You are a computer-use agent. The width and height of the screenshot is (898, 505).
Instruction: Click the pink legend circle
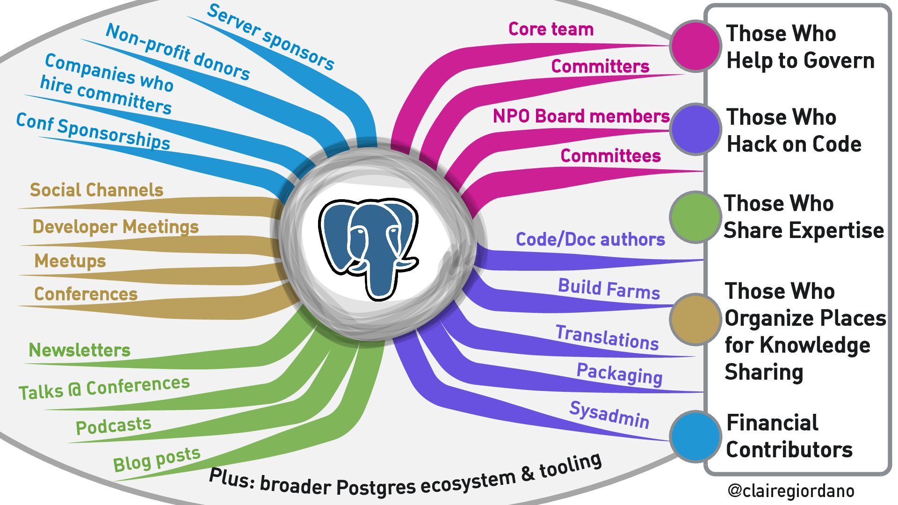[695, 45]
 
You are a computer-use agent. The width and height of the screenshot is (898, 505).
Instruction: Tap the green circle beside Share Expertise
[695, 216]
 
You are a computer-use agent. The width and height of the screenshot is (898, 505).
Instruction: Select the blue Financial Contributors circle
[695, 436]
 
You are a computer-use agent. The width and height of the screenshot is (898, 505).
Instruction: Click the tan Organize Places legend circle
[695, 319]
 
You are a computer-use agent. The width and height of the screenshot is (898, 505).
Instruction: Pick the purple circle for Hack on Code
[695, 129]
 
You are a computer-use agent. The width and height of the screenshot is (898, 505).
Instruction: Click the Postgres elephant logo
[368, 247]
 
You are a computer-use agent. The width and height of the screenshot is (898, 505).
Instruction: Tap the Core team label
[550, 29]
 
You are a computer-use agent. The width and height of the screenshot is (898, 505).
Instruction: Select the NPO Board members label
[581, 116]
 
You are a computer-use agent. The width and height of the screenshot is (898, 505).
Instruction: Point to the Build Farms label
[608, 289]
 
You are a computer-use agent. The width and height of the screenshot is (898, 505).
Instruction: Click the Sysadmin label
[609, 415]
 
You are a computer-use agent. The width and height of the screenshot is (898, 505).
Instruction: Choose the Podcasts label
[113, 426]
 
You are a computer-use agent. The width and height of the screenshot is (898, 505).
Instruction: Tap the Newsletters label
[80, 350]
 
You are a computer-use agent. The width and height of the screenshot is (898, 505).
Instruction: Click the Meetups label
[70, 260]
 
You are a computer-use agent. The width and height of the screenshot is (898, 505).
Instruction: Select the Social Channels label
[96, 190]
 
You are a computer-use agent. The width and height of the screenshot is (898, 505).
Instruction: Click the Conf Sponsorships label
[93, 131]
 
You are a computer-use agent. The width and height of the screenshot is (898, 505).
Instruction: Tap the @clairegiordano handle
[790, 491]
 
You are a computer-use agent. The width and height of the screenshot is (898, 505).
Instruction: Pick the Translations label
[607, 337]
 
